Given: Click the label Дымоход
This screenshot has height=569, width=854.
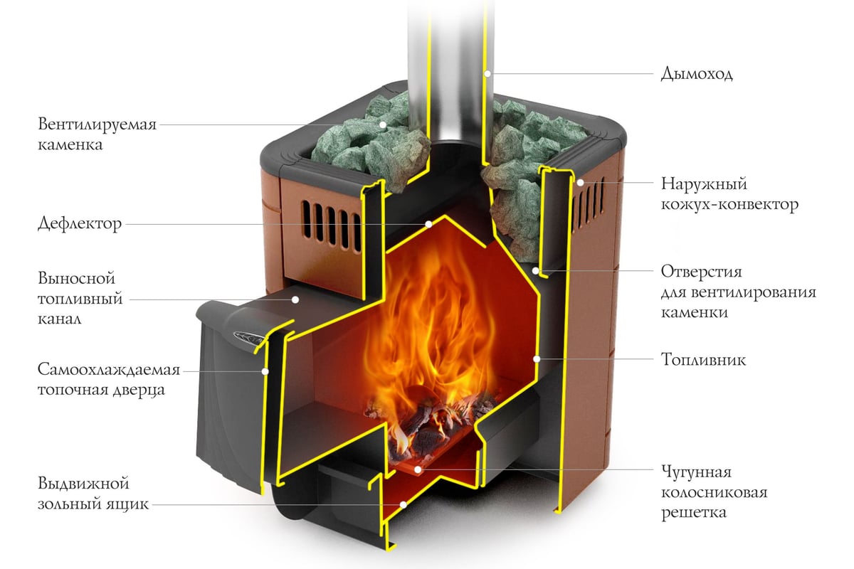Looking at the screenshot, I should click(x=697, y=74).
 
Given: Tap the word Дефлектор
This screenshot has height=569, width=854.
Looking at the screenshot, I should click(x=80, y=224).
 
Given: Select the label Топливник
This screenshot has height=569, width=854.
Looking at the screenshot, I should click(x=702, y=359).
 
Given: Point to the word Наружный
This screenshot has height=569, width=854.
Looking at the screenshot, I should click(x=703, y=184).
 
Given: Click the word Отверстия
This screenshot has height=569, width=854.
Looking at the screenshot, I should click(x=702, y=272).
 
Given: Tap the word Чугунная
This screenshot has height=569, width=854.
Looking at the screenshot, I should click(x=696, y=472).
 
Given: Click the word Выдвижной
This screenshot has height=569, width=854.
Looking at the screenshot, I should click(x=84, y=484).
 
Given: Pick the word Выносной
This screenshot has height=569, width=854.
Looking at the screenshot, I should click(x=77, y=277).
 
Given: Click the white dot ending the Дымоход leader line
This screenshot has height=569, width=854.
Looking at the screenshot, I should click(x=487, y=73).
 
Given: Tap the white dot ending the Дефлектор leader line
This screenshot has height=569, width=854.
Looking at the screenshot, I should click(x=428, y=224).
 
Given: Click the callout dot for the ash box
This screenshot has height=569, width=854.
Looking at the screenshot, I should click(x=402, y=504).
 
